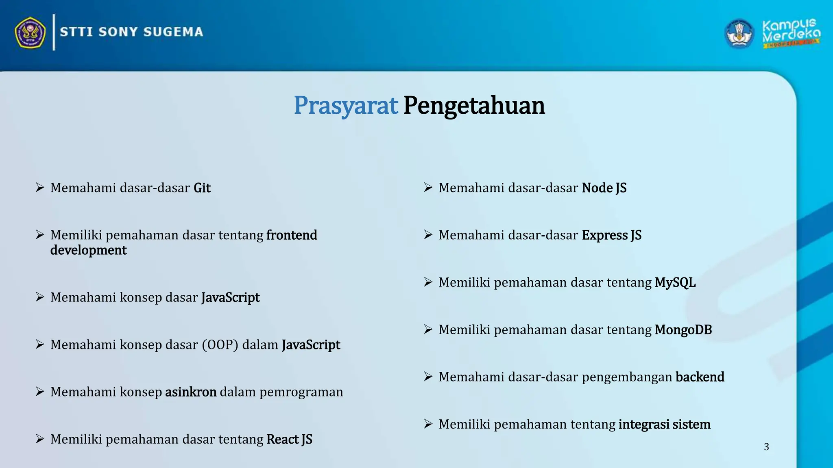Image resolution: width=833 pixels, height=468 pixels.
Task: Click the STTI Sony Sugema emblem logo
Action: (30, 32)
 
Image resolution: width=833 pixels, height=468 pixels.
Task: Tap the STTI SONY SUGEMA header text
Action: (131, 32)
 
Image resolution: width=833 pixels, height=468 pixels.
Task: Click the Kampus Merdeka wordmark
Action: (791, 32)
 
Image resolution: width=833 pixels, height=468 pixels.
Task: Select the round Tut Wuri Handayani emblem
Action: (739, 34)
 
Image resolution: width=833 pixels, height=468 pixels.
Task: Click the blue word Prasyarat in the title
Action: (345, 106)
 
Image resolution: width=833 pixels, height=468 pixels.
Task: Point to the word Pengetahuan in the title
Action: (474, 106)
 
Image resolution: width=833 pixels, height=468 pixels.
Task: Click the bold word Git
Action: (202, 188)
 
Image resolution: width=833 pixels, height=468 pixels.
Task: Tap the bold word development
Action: (88, 250)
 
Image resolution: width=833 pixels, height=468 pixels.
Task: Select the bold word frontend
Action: (292, 235)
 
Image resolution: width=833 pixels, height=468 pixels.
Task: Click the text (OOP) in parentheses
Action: (220, 345)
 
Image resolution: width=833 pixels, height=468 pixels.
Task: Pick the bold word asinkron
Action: (191, 392)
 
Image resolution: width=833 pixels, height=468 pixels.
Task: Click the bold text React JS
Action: (289, 440)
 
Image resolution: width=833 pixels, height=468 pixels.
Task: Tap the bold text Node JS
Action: (604, 188)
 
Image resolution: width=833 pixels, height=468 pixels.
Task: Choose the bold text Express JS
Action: (611, 235)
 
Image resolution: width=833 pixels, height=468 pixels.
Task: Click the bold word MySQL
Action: (675, 283)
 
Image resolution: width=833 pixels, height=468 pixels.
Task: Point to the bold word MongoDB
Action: (683, 330)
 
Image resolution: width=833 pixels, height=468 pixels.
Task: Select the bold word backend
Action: (700, 377)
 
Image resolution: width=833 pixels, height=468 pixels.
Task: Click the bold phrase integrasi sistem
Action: (664, 425)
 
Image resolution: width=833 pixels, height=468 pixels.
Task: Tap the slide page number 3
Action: (766, 447)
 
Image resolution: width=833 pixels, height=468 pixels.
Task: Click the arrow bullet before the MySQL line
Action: (428, 282)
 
